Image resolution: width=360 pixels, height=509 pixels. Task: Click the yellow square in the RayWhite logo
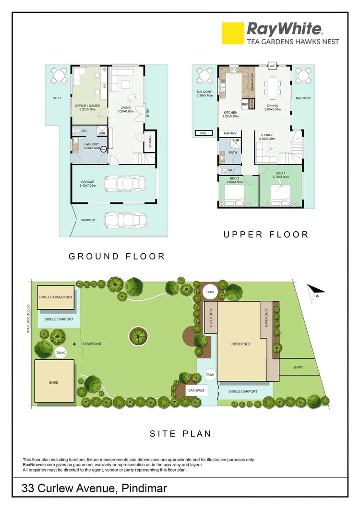(x=233, y=33)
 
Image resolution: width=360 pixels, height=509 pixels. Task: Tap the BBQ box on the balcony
(x=203, y=134)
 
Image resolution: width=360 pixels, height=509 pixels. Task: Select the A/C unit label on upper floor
(x=272, y=65)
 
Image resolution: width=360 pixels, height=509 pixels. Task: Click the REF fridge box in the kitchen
(x=245, y=104)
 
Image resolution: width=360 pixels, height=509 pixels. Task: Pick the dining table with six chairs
(x=272, y=87)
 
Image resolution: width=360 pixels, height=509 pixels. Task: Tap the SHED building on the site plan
(x=55, y=382)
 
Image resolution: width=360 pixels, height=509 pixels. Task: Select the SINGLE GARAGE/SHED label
(x=55, y=297)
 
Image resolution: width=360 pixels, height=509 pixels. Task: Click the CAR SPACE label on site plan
(x=196, y=391)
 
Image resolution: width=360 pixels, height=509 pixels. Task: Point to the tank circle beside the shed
(x=61, y=353)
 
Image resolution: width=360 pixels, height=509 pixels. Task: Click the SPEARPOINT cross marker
(x=74, y=344)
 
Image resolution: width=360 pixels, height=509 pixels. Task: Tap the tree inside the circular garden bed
(x=138, y=337)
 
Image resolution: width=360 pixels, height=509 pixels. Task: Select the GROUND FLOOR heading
(x=117, y=256)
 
